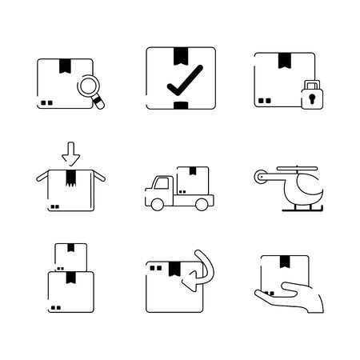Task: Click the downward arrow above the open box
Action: tap(70, 150)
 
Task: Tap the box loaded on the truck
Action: tap(193, 179)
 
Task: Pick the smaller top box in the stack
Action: tap(70, 256)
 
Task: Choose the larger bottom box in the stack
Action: tap(70, 290)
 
